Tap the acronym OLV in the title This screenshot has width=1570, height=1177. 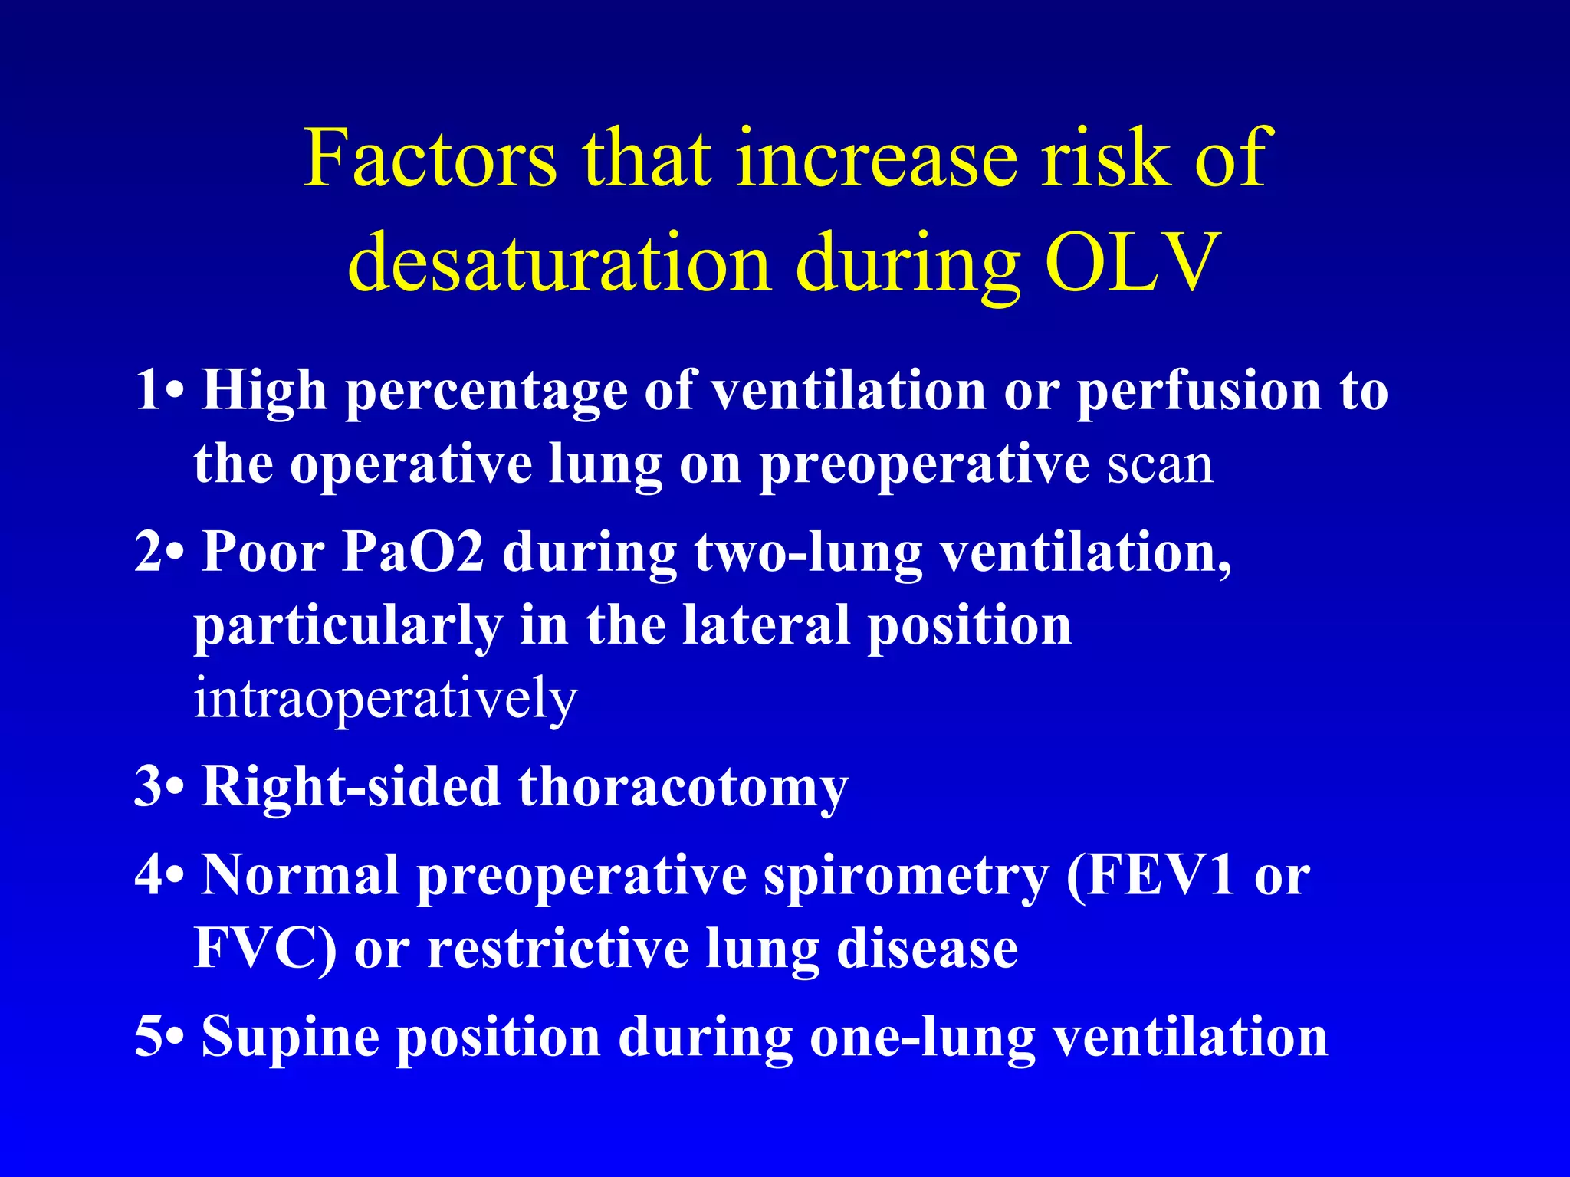click(1132, 263)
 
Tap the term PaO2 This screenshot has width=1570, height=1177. click(413, 552)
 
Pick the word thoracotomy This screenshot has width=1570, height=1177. click(683, 788)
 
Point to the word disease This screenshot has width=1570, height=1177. click(927, 949)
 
